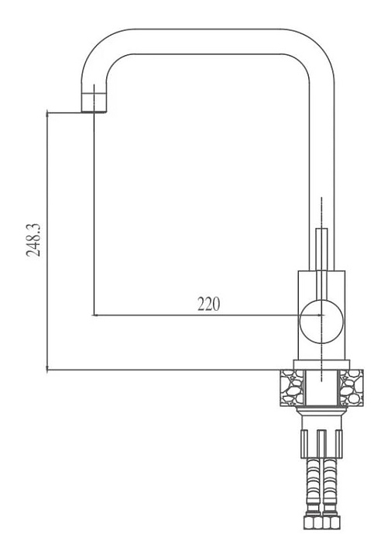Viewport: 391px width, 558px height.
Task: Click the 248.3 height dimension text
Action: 33,240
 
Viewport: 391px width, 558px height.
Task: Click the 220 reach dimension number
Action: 208,304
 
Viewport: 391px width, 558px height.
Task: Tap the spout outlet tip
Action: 94,111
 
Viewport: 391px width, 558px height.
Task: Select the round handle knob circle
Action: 321,322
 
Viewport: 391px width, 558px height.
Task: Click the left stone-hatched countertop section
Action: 293,387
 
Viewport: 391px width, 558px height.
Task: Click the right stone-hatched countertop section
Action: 352,387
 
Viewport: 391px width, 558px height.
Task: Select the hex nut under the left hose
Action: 313,522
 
